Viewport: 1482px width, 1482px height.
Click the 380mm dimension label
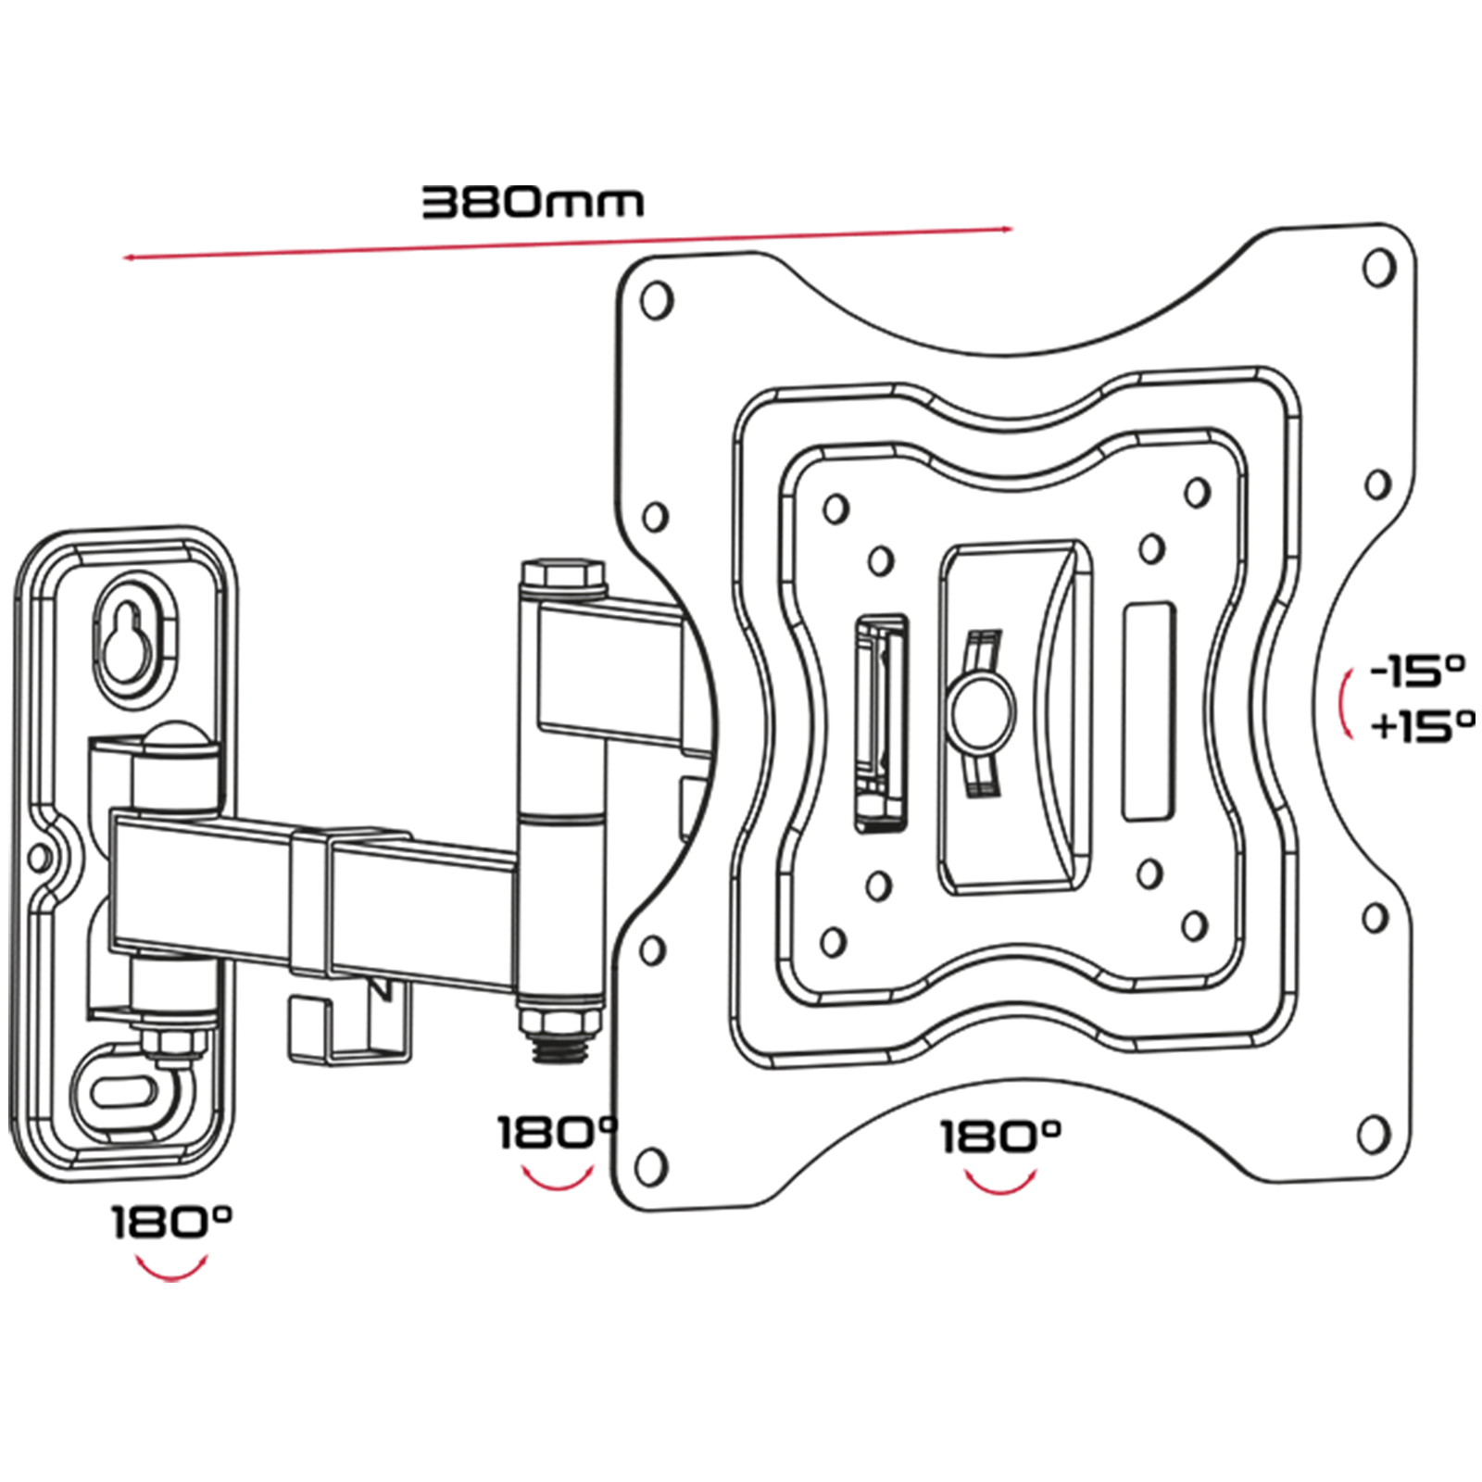pyautogui.click(x=533, y=202)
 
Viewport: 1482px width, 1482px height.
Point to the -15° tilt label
pyautogui.click(x=1417, y=671)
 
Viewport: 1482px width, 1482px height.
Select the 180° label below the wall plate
pyautogui.click(x=172, y=1223)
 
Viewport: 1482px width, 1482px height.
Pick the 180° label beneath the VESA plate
pyautogui.click(x=1000, y=1137)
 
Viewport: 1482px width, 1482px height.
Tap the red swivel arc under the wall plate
pyautogui.click(x=171, y=1268)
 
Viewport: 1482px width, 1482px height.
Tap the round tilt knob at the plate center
pyautogui.click(x=980, y=709)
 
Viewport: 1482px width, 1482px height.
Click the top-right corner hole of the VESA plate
pyautogui.click(x=1379, y=267)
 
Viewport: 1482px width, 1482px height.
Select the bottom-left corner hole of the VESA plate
pyautogui.click(x=652, y=1164)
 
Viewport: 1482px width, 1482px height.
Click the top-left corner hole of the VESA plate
pyautogui.click(x=657, y=300)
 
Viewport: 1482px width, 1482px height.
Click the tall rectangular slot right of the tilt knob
pyautogui.click(x=1149, y=711)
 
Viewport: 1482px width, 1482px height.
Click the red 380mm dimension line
pyautogui.click(x=569, y=244)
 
